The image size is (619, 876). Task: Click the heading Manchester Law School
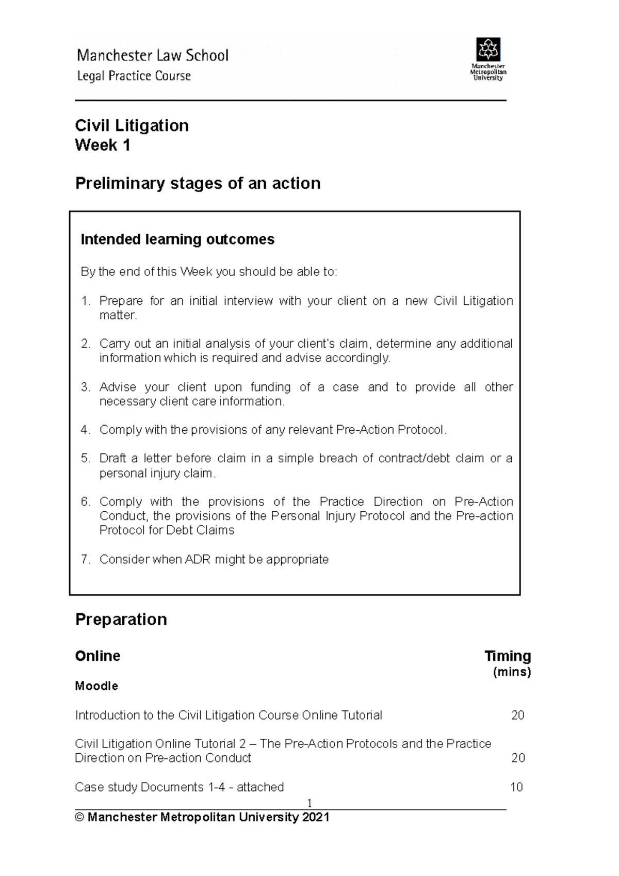(x=152, y=56)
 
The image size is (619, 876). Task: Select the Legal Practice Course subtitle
(x=134, y=76)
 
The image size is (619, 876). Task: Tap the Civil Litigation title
(x=132, y=125)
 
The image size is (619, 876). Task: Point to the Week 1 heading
(x=102, y=145)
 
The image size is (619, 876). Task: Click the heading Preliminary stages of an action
(x=198, y=183)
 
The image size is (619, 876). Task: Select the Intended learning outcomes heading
(x=177, y=239)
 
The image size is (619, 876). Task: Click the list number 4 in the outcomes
(x=85, y=430)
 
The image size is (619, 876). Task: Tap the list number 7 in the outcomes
(x=85, y=559)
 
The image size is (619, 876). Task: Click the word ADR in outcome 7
(x=197, y=559)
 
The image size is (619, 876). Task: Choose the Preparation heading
(x=121, y=619)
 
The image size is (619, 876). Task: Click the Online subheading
(x=97, y=656)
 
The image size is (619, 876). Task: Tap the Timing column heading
(x=508, y=656)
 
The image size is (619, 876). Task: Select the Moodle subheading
(x=96, y=686)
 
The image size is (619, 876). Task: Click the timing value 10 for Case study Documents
(x=516, y=787)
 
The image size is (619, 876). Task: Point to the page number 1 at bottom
(x=309, y=803)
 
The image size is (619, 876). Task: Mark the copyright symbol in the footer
(x=79, y=817)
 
